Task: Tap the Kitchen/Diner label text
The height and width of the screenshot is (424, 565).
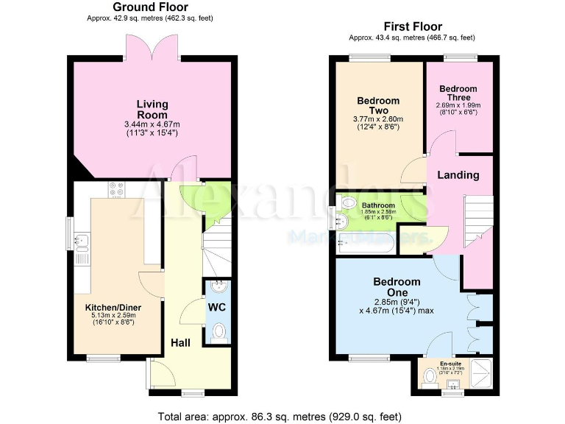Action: [x=113, y=307]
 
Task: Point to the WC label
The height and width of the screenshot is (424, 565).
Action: [x=216, y=306]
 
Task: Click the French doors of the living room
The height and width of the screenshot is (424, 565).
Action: [x=152, y=49]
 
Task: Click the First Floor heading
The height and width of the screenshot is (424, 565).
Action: [x=412, y=26]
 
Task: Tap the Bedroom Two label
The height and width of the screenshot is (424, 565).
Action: [x=378, y=106]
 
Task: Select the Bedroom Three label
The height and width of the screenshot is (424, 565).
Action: [x=458, y=93]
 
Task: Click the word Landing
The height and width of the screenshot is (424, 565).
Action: [x=458, y=175]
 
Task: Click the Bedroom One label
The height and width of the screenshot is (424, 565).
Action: [x=397, y=287]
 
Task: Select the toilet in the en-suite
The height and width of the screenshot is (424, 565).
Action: [x=430, y=376]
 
